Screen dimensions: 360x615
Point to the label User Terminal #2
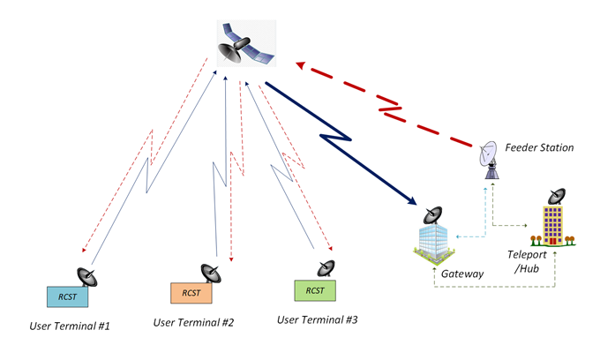tap(193, 322)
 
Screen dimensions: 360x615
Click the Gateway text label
tap(462, 274)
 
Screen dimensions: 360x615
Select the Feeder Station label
tap(539, 147)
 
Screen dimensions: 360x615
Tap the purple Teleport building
tap(552, 226)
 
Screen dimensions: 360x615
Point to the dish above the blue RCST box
tap(86, 276)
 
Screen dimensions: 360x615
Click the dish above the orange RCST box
tap(210, 272)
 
